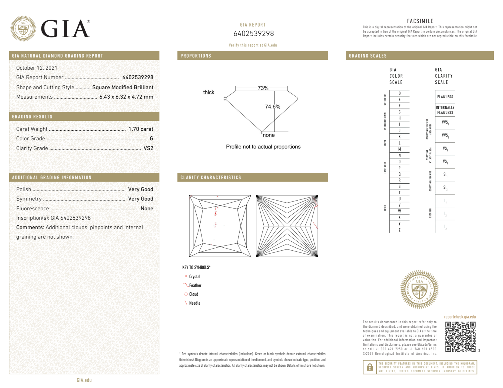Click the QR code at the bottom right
point(460,337)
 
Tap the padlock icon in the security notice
point(370,367)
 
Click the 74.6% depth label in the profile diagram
point(272,107)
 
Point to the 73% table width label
point(263,88)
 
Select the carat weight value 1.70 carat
point(141,129)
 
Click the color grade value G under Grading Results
point(151,139)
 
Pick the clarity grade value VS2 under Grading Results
point(148,148)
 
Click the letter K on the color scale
point(399,137)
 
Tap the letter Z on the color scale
point(399,230)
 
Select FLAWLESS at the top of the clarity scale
point(445,97)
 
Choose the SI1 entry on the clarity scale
point(445,174)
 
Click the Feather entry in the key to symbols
point(195,285)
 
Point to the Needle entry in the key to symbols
point(195,303)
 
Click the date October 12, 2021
point(37,68)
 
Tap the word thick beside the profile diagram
point(209,92)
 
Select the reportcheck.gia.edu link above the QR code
point(460,317)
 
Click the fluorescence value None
point(147,208)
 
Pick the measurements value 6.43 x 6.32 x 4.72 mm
point(126,97)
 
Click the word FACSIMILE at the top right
point(420,21)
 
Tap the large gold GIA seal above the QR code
point(419,289)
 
